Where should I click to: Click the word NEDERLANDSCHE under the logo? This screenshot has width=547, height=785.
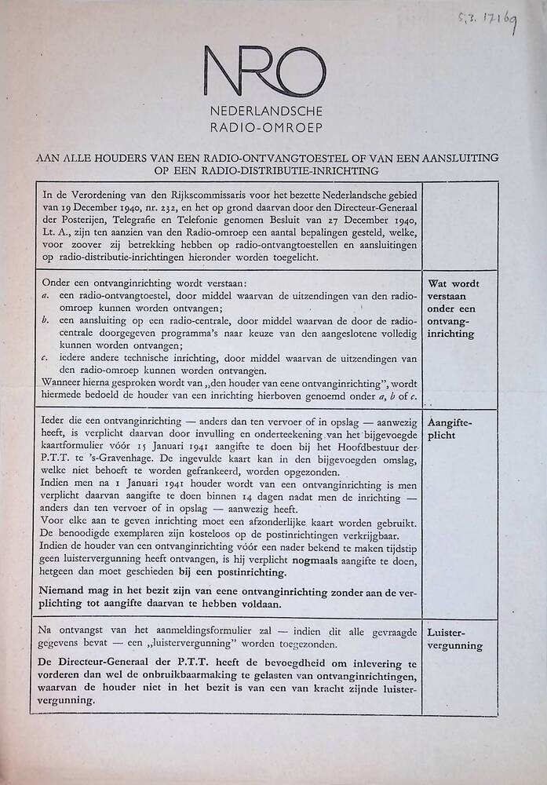pyautogui.click(x=265, y=112)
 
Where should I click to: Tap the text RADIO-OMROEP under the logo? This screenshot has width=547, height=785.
pyautogui.click(x=265, y=126)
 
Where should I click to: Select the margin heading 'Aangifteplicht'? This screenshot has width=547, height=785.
pyautogui.click(x=450, y=428)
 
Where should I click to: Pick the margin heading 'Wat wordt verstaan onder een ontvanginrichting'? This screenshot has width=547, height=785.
pyautogui.click(x=453, y=308)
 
